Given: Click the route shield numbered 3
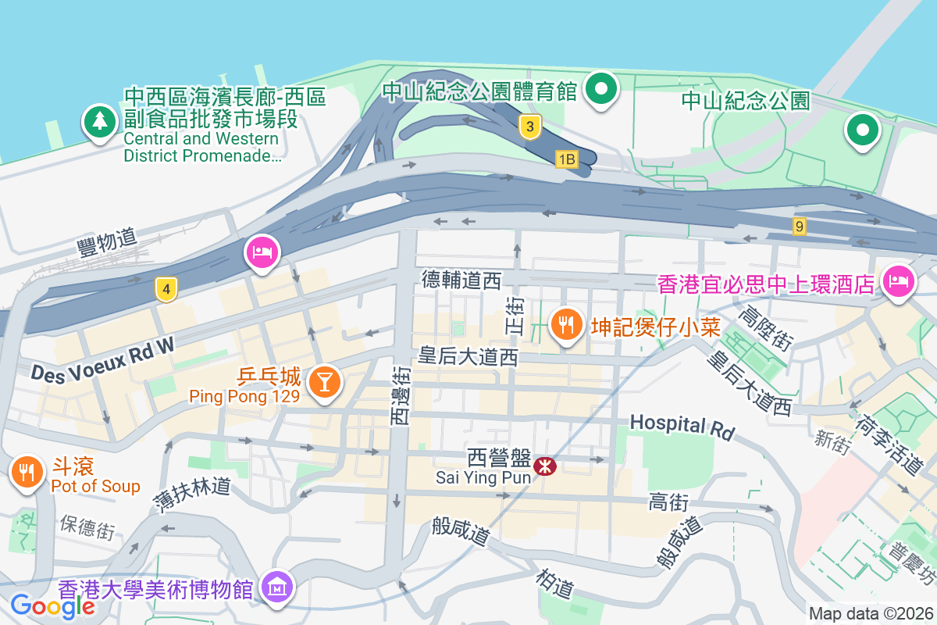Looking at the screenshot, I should (x=530, y=127).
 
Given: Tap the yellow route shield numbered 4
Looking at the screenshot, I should (x=165, y=288).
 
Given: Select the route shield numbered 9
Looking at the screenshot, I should (x=798, y=227).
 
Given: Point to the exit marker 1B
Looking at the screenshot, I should (x=566, y=159).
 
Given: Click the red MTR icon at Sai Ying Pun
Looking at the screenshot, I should (x=544, y=466).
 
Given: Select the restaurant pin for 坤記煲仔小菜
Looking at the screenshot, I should (x=566, y=323).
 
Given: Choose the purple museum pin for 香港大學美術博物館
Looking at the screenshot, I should (x=278, y=586).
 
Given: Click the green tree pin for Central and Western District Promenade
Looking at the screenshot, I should (x=99, y=122).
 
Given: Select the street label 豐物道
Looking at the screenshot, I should (x=107, y=241).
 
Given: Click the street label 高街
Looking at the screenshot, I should (x=668, y=502).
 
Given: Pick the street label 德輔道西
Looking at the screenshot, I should (x=461, y=280).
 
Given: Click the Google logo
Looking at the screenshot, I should (x=53, y=605).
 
